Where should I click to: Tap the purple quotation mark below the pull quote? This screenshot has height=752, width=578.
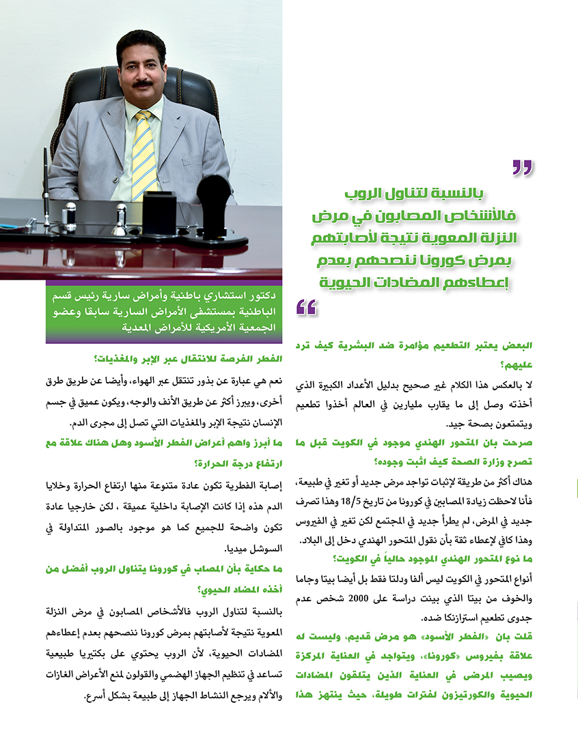click(307, 308)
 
